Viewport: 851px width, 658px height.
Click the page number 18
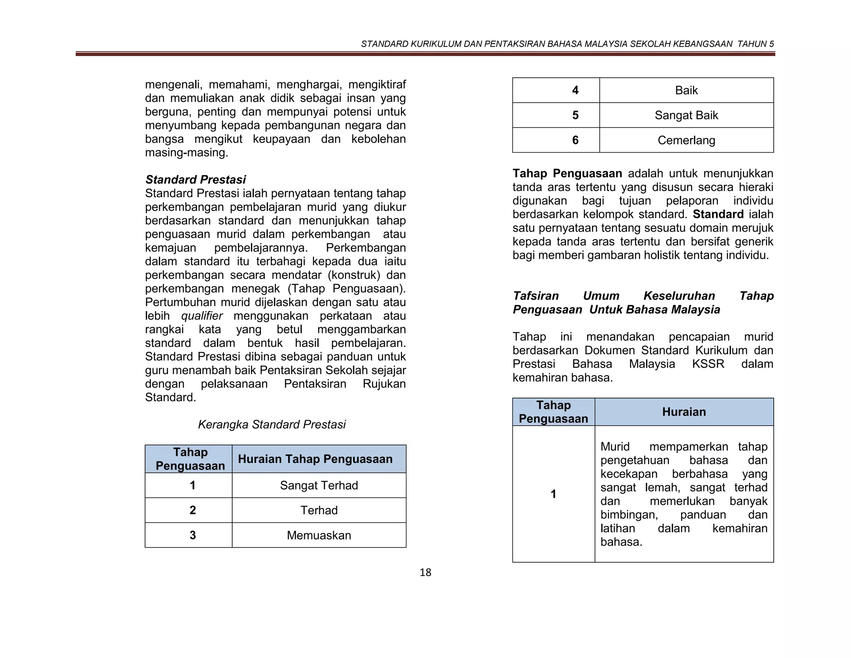pos(425,572)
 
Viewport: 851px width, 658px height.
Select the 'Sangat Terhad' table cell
pos(319,485)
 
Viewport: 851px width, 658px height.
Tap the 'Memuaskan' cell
pos(319,535)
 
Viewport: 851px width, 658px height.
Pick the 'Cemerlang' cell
pos(686,140)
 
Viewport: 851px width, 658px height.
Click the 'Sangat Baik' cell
pos(686,115)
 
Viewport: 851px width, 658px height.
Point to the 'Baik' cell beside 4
pos(686,90)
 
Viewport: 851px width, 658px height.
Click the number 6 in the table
pos(575,140)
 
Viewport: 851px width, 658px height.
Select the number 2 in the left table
pos(192,510)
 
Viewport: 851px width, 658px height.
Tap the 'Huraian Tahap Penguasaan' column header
pos(315,459)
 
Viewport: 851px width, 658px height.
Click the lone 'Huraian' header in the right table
pos(684,412)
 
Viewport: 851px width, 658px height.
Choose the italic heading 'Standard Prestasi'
pos(195,180)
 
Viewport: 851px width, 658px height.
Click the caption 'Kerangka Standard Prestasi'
pos(272,425)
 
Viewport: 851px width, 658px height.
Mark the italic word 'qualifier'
pos(202,316)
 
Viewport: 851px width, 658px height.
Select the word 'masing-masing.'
pos(187,153)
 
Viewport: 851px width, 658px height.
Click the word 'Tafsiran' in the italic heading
pos(536,296)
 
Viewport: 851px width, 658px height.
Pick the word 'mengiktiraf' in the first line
pos(377,85)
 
